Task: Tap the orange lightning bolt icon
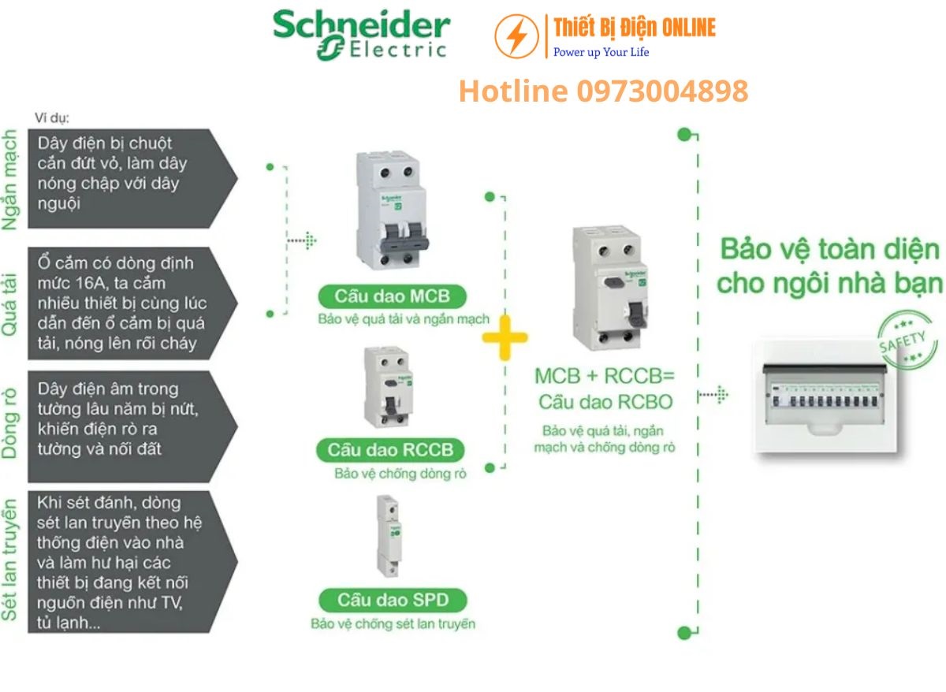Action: [x=516, y=35]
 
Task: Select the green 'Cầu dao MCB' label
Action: [x=392, y=297]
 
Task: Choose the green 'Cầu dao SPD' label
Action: [x=393, y=600]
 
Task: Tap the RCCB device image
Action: [x=387, y=386]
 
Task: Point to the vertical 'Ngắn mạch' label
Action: [x=11, y=180]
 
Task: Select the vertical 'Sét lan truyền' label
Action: [x=11, y=560]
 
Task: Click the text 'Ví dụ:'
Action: [x=52, y=118]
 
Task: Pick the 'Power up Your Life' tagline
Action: [x=601, y=52]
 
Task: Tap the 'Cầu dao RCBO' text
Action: [x=605, y=402]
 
